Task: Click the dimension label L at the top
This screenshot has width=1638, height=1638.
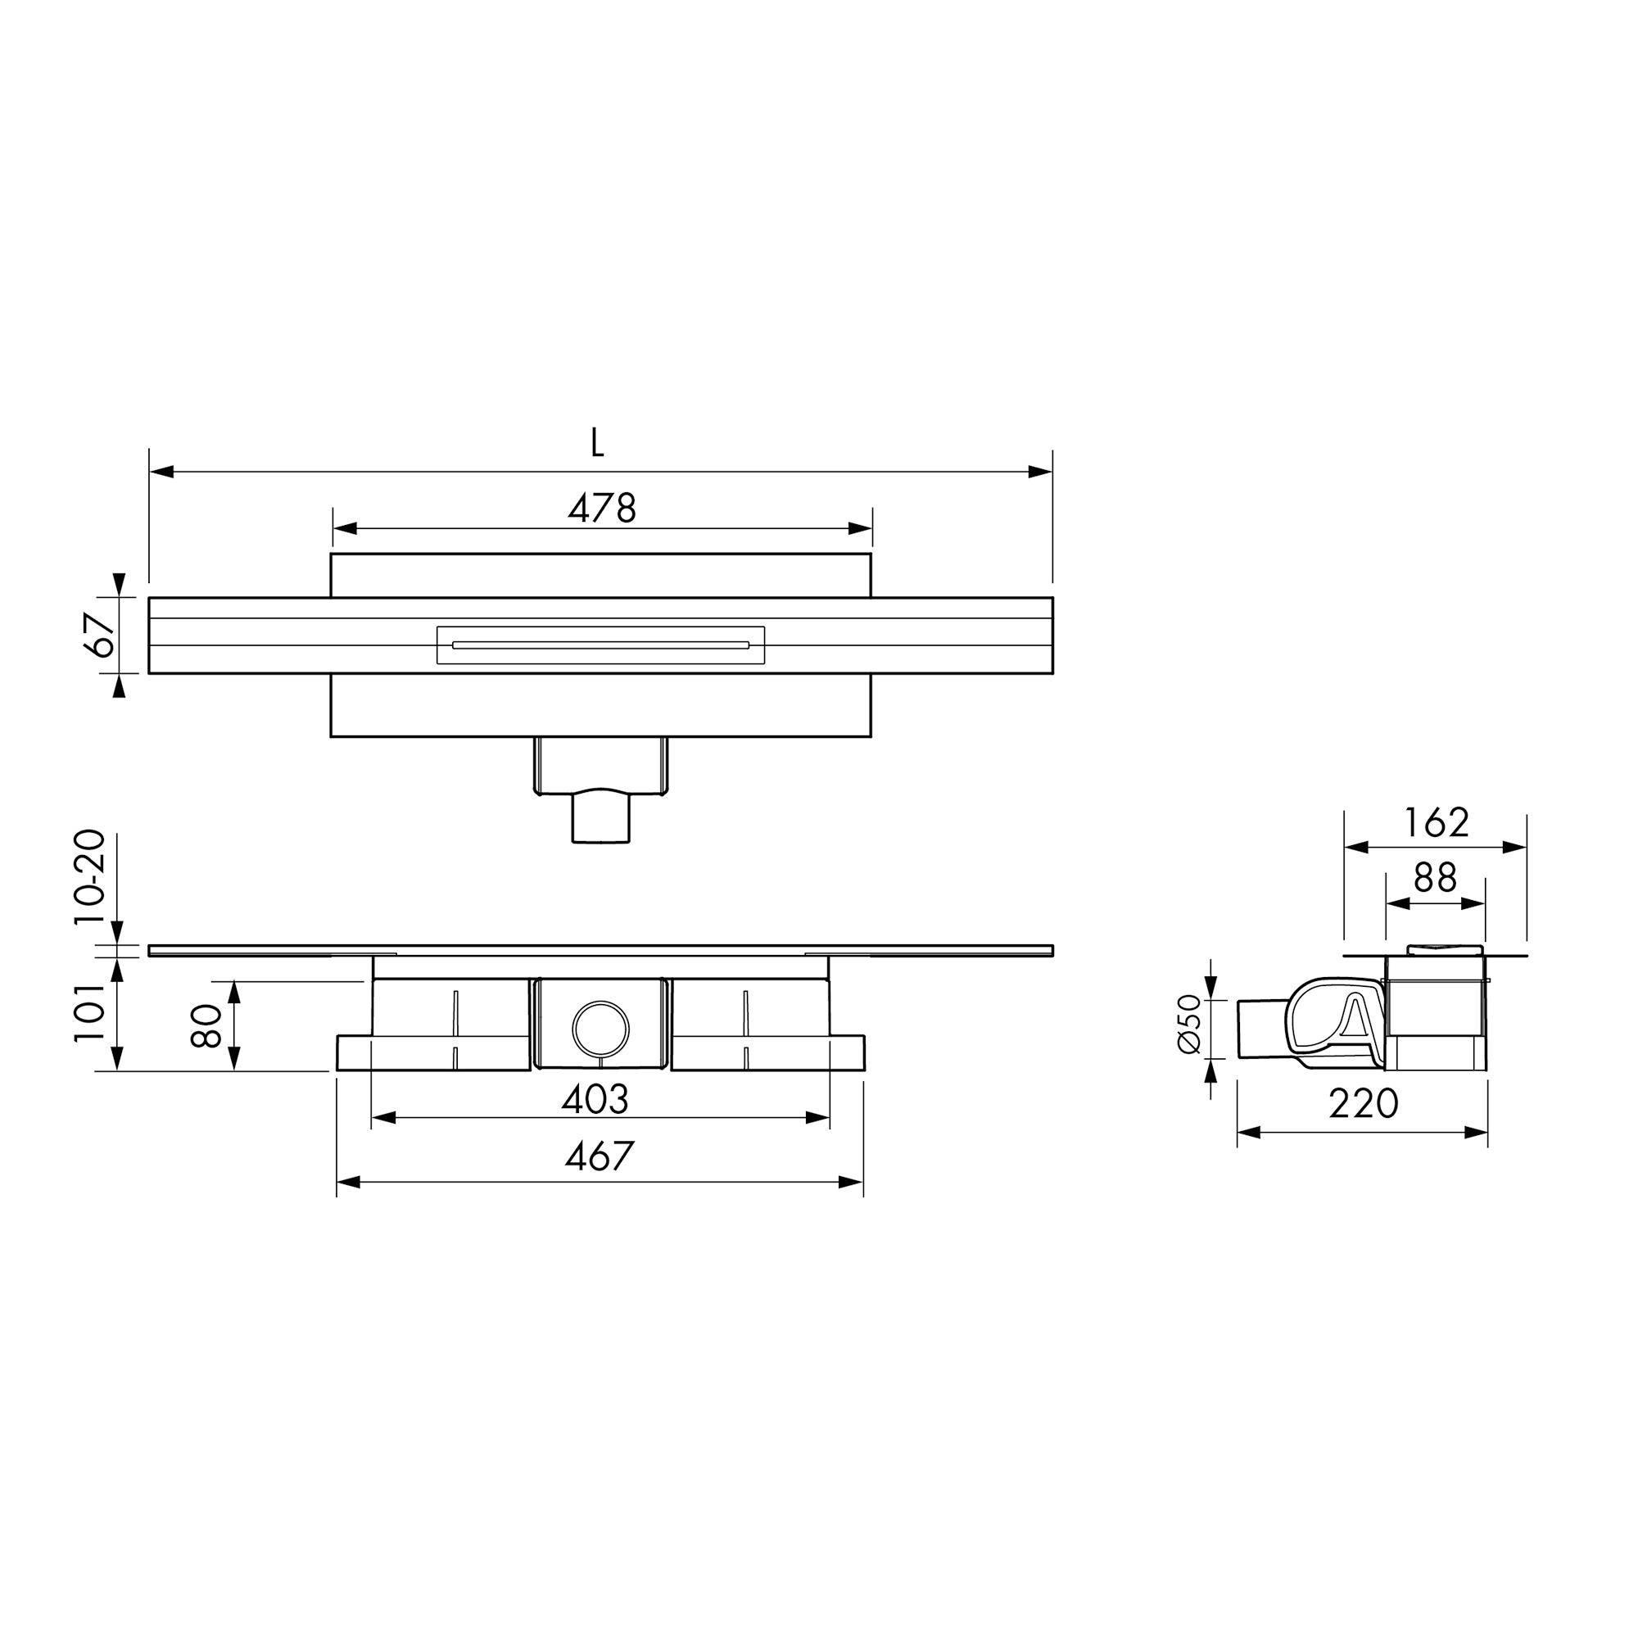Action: point(598,441)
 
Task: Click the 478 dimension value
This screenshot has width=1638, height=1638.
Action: point(602,508)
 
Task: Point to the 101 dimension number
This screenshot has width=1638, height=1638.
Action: point(91,1012)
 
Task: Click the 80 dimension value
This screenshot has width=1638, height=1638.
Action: point(206,1027)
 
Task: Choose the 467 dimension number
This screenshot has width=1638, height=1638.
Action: point(600,1156)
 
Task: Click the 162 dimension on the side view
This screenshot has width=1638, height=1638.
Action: point(1437,821)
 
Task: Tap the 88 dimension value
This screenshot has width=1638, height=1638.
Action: point(1436,878)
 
